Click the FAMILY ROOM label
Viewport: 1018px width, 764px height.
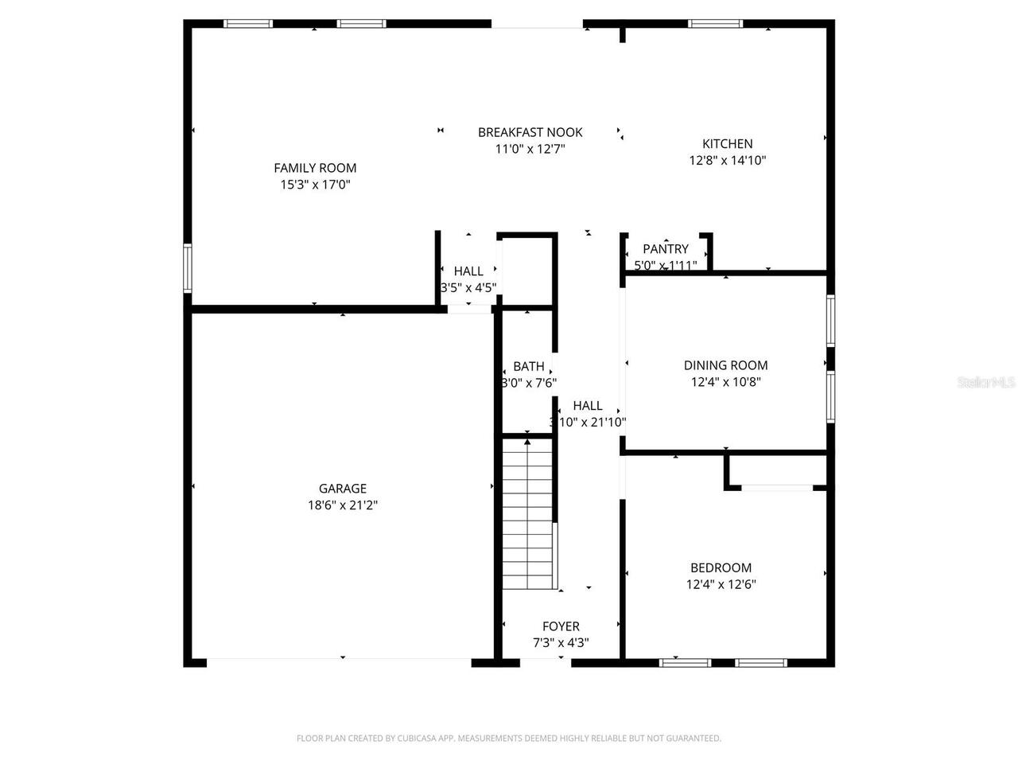coord(315,168)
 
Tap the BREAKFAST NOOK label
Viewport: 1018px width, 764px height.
coord(530,132)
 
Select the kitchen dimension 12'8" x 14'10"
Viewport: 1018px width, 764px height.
coord(727,160)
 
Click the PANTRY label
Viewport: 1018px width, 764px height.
coord(666,249)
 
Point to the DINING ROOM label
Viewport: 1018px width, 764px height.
coord(725,365)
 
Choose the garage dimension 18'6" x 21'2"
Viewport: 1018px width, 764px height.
coord(343,505)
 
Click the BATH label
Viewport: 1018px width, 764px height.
coord(528,366)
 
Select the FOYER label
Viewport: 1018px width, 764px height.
coord(561,626)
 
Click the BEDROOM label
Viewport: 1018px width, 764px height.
coord(721,567)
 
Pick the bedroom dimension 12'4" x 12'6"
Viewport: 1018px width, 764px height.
coord(721,584)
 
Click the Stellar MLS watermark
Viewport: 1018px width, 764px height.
coord(986,383)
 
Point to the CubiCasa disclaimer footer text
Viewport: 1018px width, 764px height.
coord(509,739)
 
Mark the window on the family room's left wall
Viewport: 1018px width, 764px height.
coord(188,268)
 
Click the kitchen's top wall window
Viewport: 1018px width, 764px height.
coord(716,24)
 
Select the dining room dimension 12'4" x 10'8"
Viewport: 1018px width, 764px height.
coord(725,382)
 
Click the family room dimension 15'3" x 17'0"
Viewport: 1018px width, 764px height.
coord(315,185)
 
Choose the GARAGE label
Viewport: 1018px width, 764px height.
coord(343,489)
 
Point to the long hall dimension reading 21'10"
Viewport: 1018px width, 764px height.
coord(588,423)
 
